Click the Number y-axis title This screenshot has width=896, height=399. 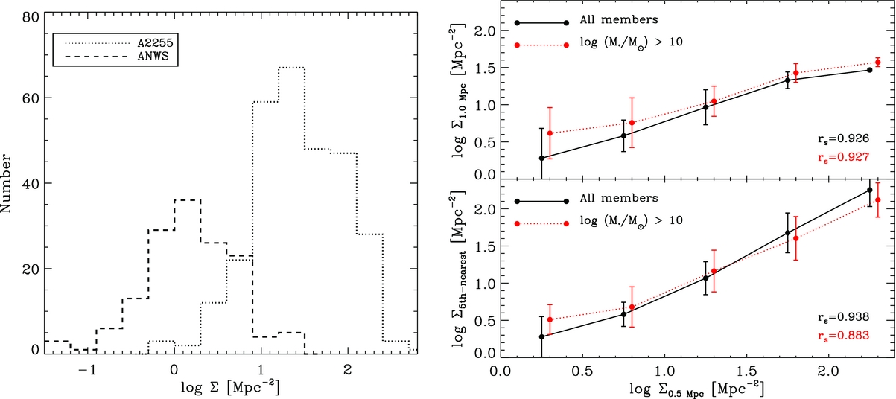pos(9,183)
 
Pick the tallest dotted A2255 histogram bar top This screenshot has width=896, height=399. pos(291,68)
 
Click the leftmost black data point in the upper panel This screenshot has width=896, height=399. pos(541,158)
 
